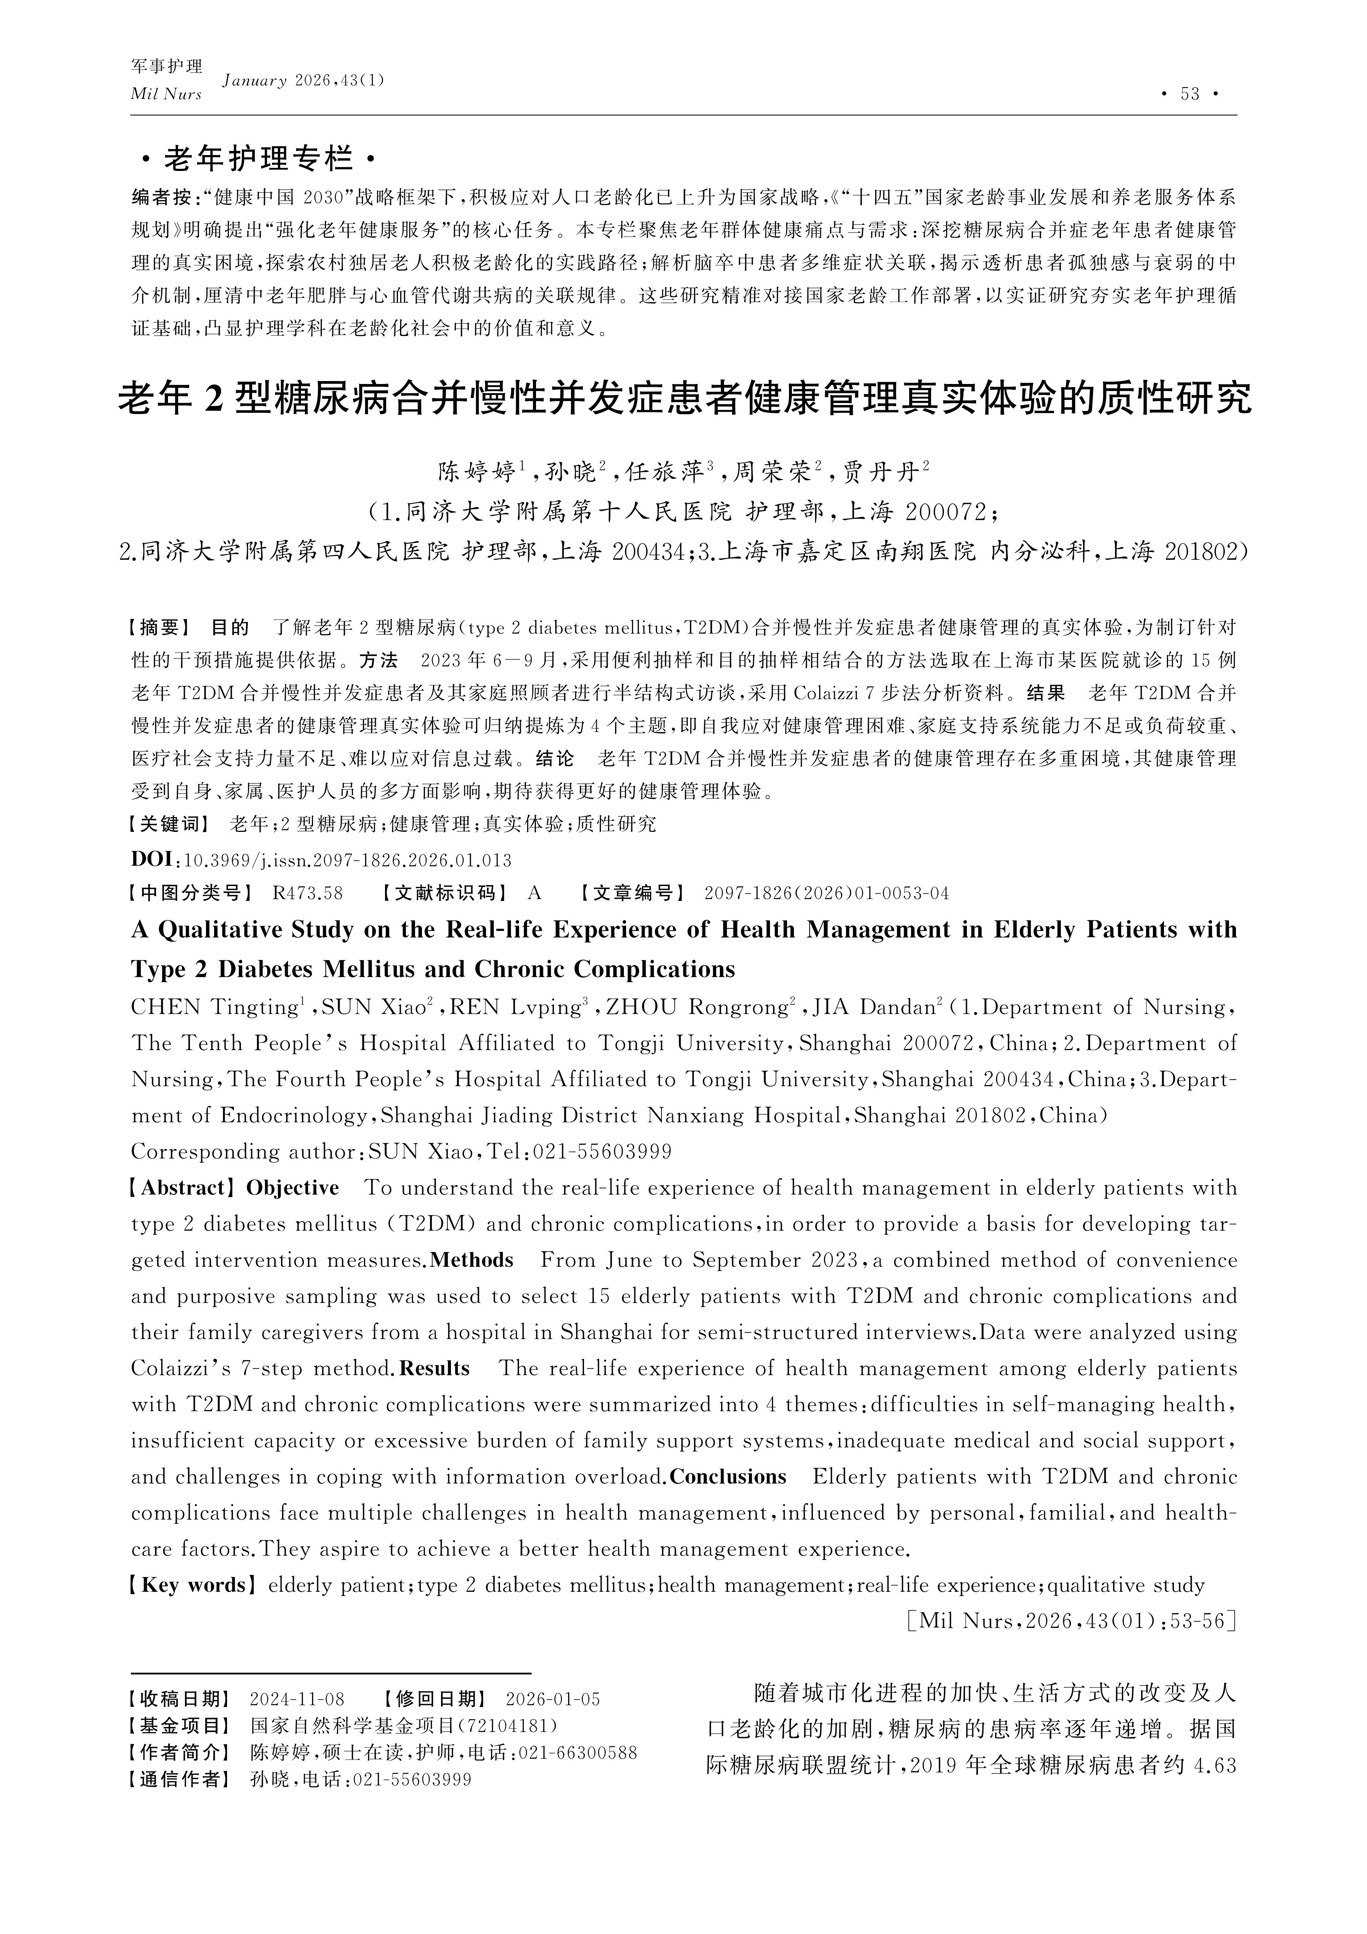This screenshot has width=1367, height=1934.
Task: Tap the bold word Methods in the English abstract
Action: (472, 1260)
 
